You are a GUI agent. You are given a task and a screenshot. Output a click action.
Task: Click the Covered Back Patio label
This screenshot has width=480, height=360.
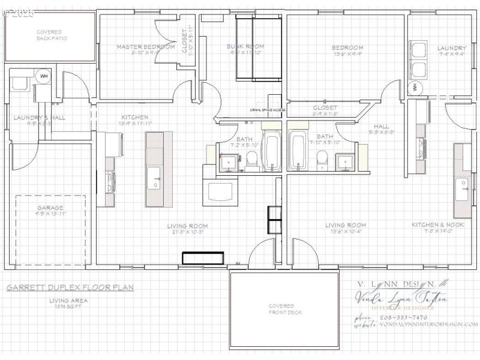[x=52, y=35]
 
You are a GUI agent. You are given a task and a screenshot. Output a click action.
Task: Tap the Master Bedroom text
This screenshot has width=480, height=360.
[x=145, y=46]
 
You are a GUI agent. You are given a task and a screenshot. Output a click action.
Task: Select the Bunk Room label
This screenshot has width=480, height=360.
[x=245, y=46]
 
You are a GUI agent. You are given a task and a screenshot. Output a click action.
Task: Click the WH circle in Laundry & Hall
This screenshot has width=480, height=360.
[x=44, y=76]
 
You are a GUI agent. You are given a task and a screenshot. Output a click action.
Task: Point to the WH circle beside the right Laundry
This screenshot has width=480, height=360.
[x=415, y=88]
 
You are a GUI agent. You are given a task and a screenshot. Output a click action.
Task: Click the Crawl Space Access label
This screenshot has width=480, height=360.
[x=268, y=110]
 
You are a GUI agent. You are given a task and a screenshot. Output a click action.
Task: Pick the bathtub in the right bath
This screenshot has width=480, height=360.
[x=298, y=151]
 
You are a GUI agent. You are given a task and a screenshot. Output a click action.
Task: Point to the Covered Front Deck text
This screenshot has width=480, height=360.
[x=285, y=308]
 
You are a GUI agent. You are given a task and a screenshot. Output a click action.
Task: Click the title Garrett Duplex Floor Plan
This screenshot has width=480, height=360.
[x=70, y=287]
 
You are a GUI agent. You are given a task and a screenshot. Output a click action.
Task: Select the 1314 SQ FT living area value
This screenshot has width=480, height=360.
[x=68, y=306]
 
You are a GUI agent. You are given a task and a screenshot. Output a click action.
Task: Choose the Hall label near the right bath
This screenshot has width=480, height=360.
[x=381, y=126]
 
